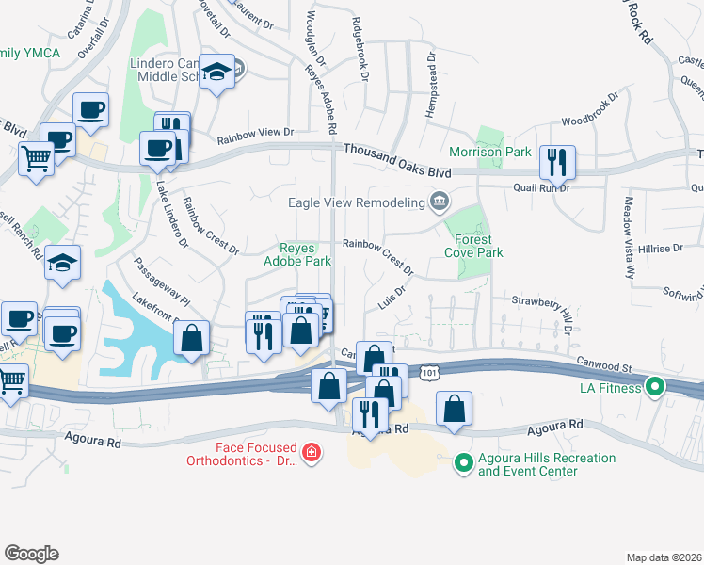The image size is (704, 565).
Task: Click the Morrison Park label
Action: (x=504, y=152)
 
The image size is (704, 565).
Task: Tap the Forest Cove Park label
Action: (x=474, y=245)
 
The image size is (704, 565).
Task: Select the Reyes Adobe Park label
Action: (x=297, y=254)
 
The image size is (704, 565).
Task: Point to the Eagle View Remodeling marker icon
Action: (x=439, y=200)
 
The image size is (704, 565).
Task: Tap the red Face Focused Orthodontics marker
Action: (x=311, y=455)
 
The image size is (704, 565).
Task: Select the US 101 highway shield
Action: (x=430, y=373)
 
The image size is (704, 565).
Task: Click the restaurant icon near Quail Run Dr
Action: (x=557, y=163)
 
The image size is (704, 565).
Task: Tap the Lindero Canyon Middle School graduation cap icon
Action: (x=218, y=72)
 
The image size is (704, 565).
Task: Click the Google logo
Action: (x=31, y=554)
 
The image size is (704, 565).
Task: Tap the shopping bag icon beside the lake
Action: (x=191, y=338)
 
